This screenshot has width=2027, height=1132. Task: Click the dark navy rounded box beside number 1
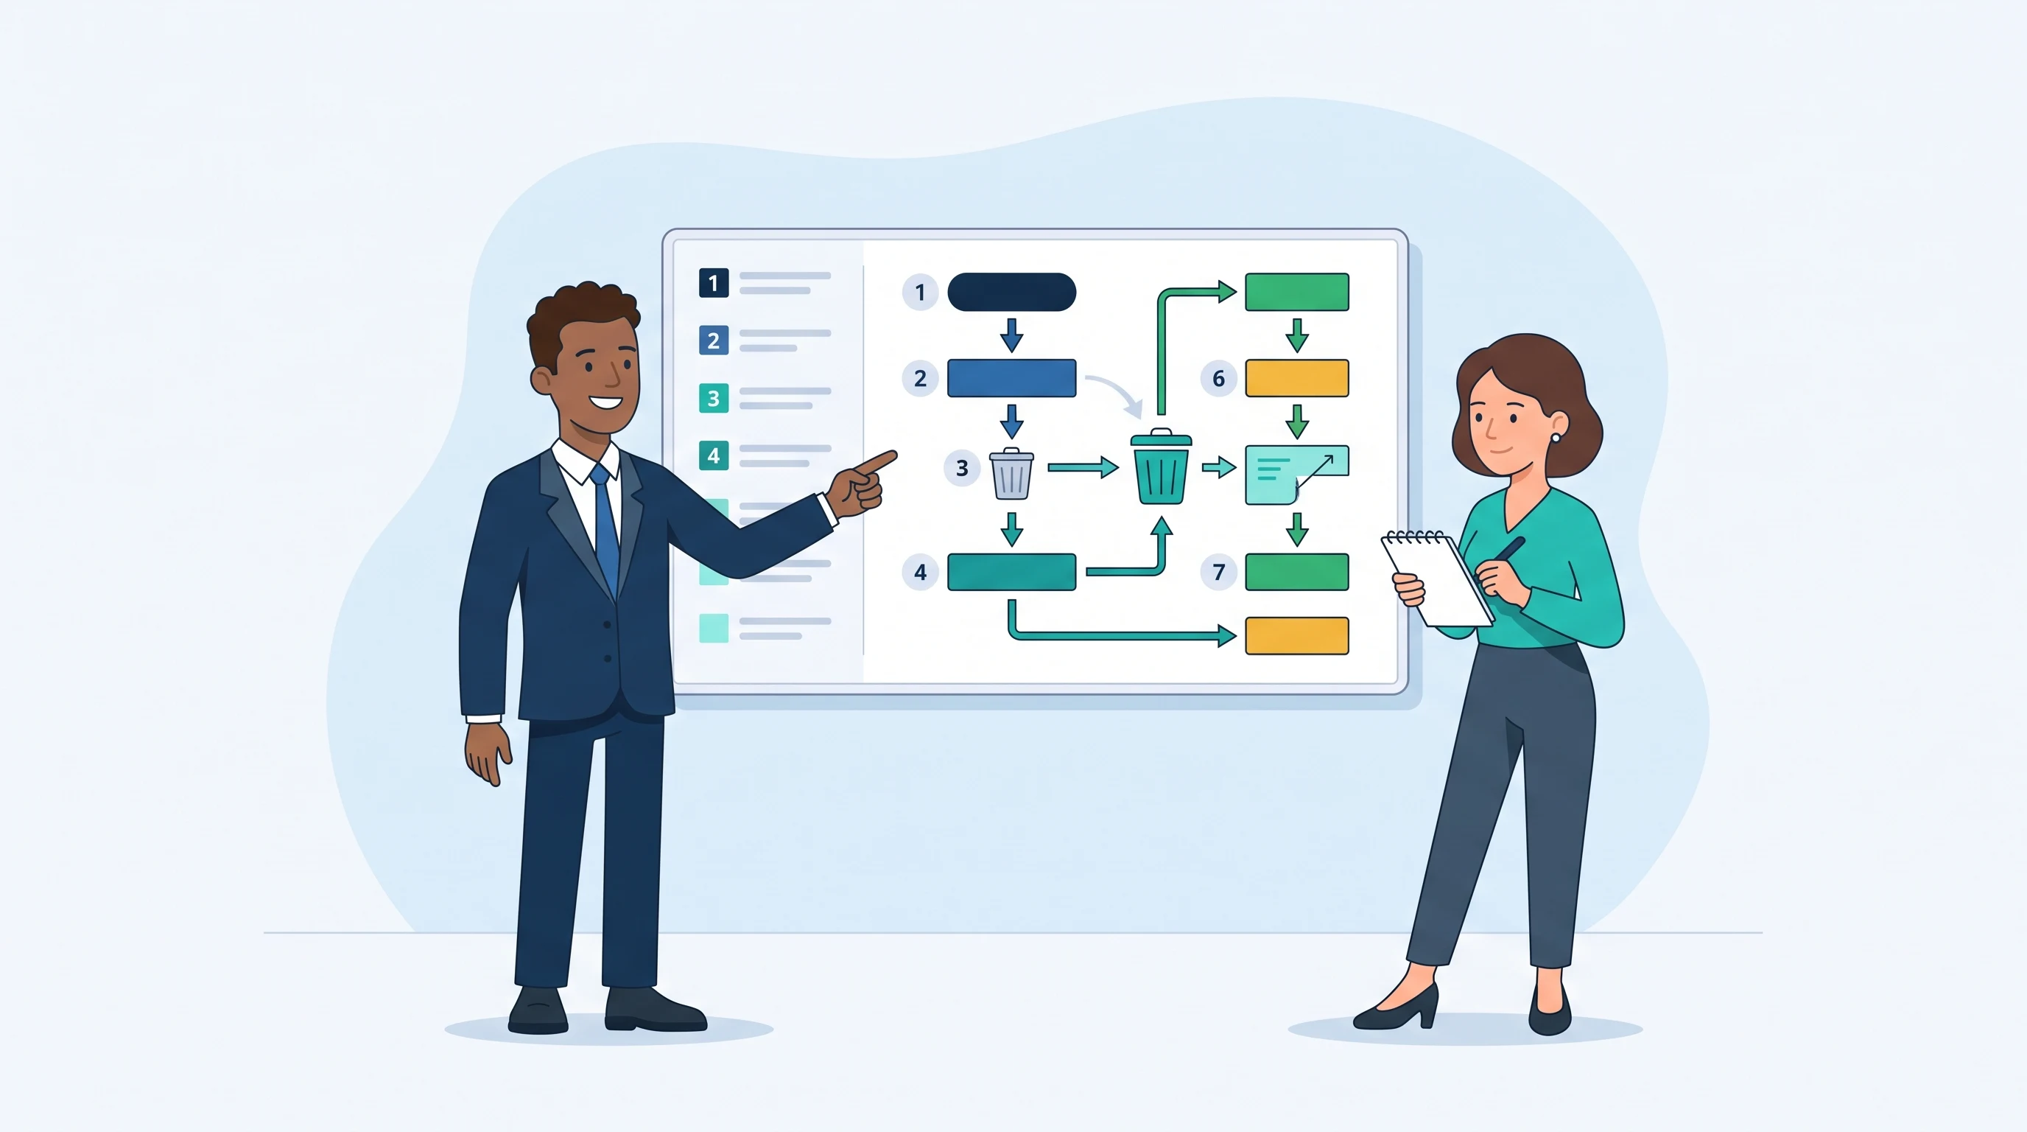pyautogui.click(x=1011, y=292)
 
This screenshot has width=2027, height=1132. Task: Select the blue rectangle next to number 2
pyautogui.click(x=1011, y=378)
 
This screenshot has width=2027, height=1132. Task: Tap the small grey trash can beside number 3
pyautogui.click(x=1011, y=474)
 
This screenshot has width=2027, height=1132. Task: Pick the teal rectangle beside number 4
pyautogui.click(x=1011, y=571)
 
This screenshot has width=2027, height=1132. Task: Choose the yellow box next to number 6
pyautogui.click(x=1297, y=378)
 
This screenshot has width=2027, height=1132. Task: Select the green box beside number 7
pyautogui.click(x=1297, y=571)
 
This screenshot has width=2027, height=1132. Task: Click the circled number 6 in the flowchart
pyautogui.click(x=1218, y=379)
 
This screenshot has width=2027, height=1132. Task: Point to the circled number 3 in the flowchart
pyautogui.click(x=961, y=469)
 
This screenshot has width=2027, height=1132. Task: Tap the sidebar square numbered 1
pyautogui.click(x=714, y=282)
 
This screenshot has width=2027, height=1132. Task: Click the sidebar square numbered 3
pyautogui.click(x=714, y=398)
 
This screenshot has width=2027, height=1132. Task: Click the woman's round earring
pyautogui.click(x=1555, y=438)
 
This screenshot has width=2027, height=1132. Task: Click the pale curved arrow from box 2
pyautogui.click(x=1116, y=394)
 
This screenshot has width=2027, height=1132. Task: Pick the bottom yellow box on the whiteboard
pyautogui.click(x=1297, y=636)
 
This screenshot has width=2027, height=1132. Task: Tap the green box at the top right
pyautogui.click(x=1297, y=292)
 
